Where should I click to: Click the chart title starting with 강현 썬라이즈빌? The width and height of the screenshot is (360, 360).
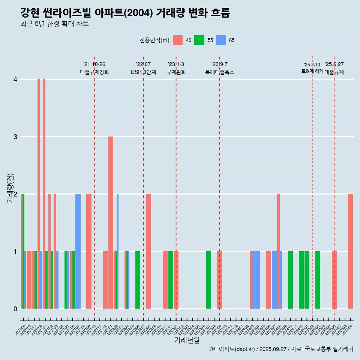tap(125, 13)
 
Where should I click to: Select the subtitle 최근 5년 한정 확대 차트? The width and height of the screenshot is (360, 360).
tap(54, 24)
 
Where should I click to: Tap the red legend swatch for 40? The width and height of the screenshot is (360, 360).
tap(178, 40)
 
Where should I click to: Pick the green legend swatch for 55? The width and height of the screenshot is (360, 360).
tap(199, 40)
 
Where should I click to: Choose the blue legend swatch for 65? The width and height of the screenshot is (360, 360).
tap(221, 40)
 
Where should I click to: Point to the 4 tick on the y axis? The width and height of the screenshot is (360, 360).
tap(15, 79)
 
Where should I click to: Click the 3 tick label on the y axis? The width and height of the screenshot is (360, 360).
tap(15, 137)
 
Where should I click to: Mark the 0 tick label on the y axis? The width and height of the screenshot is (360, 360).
tap(15, 309)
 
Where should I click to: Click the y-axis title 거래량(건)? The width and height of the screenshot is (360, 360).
tap(10, 187)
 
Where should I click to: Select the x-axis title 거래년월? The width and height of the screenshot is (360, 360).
tap(187, 340)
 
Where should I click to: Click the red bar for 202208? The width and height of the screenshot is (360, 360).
tap(149, 251)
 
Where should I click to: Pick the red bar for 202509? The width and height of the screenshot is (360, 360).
tap(350, 251)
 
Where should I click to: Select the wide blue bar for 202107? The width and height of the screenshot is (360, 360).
tap(78, 251)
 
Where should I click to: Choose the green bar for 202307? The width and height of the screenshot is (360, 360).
tap(208, 280)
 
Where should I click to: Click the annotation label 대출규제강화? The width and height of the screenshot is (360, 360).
tap(94, 72)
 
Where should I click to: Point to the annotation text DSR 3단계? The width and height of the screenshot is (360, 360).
tap(143, 72)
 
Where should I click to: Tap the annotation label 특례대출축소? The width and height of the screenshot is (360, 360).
tap(219, 72)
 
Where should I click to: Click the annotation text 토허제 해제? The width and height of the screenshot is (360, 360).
tap(312, 71)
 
